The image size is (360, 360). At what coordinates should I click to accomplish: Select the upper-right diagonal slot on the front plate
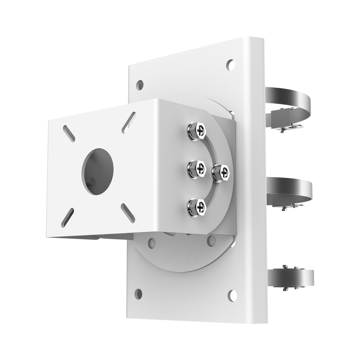click(x=128, y=122)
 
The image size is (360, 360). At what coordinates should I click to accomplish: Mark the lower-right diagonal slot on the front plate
click(x=128, y=213)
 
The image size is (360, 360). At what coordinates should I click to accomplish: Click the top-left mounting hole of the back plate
click(x=140, y=85)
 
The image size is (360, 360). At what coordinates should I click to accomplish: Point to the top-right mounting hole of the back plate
click(x=230, y=65)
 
